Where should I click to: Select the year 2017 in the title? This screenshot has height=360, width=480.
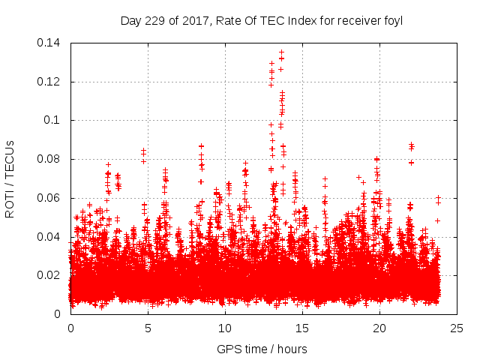tap(192, 21)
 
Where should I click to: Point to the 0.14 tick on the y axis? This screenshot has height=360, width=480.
tap(51, 43)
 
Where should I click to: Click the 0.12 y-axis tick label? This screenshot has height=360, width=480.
tap(51, 82)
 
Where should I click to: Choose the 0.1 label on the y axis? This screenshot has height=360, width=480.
tap(54, 120)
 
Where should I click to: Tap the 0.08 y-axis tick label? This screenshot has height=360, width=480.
tap(51, 159)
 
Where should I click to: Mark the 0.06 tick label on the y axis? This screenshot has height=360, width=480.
tap(51, 198)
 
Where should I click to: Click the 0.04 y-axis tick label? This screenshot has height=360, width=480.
tap(51, 237)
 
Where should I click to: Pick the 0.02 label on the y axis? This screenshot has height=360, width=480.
tap(51, 275)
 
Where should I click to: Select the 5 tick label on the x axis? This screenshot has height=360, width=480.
tap(148, 328)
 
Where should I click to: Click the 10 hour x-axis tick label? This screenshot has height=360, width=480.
tap(225, 328)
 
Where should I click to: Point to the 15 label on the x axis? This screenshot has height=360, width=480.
tap(302, 328)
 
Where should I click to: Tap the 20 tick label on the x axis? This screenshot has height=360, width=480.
tap(379, 328)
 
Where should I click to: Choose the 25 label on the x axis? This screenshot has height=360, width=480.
tap(457, 328)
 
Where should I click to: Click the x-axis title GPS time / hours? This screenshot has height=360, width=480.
tap(262, 349)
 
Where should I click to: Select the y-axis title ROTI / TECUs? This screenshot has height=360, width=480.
tap(10, 178)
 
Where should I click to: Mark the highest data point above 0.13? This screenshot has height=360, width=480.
tap(281, 52)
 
